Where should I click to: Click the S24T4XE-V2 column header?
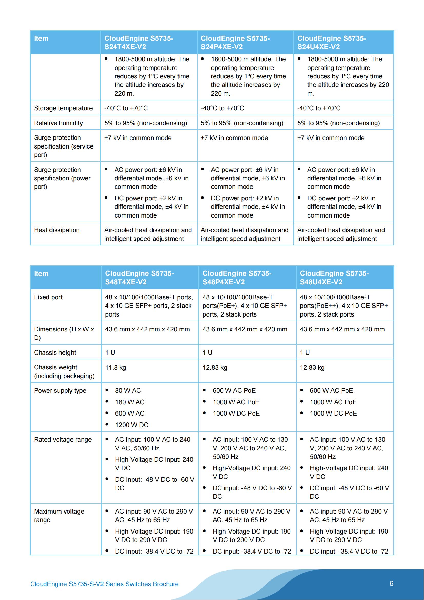point(139,43)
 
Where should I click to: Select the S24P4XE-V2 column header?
point(235,43)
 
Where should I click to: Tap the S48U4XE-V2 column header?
point(334,278)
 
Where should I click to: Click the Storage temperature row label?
point(63,108)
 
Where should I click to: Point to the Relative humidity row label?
point(58,123)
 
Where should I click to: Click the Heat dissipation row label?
point(57,230)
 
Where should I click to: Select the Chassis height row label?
point(55,352)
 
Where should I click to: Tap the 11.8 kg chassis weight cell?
point(115,367)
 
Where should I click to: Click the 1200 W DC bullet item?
point(132,425)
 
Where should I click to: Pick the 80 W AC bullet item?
point(128,390)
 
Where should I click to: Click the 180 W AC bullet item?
point(130,402)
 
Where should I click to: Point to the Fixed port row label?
point(48,297)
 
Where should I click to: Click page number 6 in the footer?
point(391,584)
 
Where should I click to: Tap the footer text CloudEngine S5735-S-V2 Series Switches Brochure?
point(104,584)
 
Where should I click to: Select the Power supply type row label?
point(60,390)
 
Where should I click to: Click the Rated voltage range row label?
point(63,440)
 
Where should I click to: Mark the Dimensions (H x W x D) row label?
point(64,333)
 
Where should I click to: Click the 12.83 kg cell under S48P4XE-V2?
point(215,367)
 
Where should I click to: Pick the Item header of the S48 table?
point(41,274)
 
